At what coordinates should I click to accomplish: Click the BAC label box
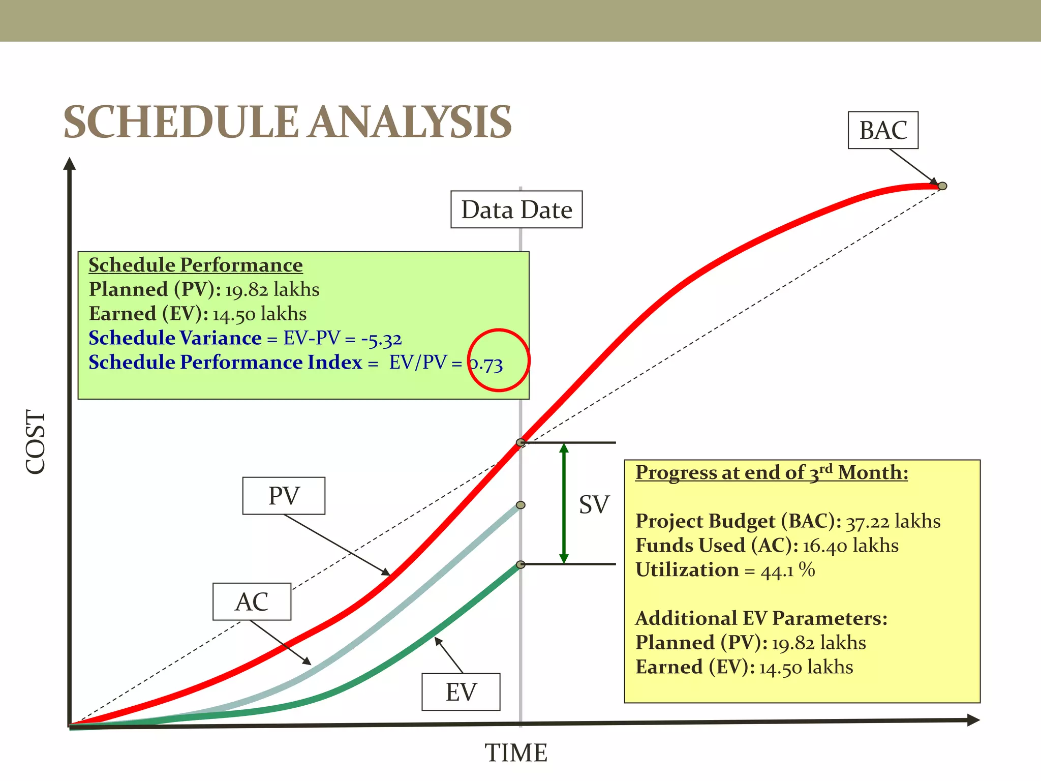tap(883, 130)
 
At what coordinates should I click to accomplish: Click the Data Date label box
tap(516, 209)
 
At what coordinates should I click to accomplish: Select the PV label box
tap(284, 496)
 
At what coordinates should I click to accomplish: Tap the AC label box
tap(252, 602)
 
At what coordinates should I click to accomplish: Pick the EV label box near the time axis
tap(461, 692)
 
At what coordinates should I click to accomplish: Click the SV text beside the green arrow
tap(594, 504)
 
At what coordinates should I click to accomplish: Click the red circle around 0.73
tap(499, 360)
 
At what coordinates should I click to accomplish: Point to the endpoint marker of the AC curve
tap(520, 505)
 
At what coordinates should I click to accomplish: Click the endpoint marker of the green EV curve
tap(520, 564)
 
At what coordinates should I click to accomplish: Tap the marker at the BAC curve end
tap(942, 186)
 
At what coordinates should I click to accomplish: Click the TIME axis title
tap(516, 753)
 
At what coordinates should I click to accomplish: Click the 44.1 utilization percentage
tap(777, 570)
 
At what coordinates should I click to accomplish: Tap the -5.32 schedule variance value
tap(381, 339)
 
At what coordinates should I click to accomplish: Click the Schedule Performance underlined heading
tap(196, 265)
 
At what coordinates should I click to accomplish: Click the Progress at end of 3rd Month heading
tap(772, 472)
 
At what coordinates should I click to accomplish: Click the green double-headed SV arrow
tap(564, 503)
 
